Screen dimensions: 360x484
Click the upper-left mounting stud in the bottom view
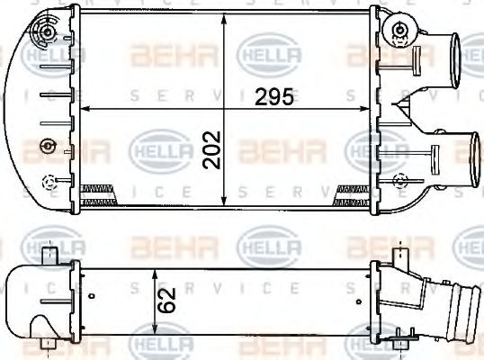coord(49,256)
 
